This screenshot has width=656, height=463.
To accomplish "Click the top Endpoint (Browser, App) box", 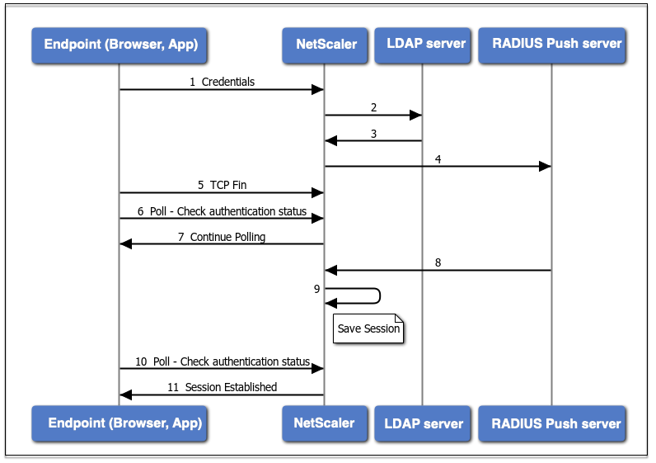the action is click(119, 45).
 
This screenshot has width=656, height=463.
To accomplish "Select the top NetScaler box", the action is click(325, 45).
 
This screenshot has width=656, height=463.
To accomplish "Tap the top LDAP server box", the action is click(423, 45).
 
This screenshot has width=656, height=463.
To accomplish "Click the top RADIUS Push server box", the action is click(552, 45).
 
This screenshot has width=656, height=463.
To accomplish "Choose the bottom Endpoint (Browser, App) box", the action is click(119, 423).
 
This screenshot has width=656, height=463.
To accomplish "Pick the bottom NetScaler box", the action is click(325, 423).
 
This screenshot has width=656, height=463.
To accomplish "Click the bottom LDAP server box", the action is click(423, 423).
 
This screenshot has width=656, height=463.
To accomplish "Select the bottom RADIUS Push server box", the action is click(552, 423).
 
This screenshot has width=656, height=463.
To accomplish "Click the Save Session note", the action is click(368, 328).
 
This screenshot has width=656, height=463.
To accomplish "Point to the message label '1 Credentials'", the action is click(222, 82).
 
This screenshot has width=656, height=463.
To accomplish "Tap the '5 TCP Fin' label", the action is click(223, 185).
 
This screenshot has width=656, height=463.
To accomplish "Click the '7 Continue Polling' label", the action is click(222, 237).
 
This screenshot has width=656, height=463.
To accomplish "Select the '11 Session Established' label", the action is click(223, 387).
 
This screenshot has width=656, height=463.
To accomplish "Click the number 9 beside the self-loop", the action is click(316, 289).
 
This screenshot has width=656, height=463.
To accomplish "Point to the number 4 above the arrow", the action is click(438, 159).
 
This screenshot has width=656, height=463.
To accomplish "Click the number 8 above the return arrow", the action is click(438, 262).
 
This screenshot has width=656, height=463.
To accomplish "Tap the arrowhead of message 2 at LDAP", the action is click(415, 115).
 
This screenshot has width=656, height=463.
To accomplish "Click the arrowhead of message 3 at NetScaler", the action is click(331, 141).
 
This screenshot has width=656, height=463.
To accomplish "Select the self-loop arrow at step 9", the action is click(380, 295).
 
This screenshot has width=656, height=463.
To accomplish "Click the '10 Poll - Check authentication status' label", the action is click(223, 361).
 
